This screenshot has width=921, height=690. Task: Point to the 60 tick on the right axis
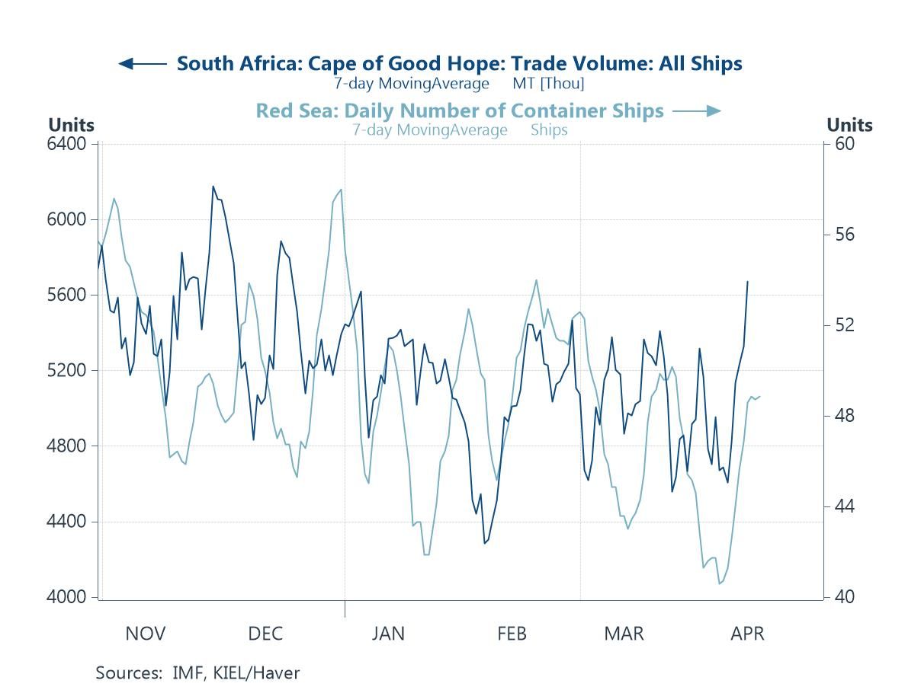click(843, 144)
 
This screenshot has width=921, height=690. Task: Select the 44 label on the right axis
click(843, 506)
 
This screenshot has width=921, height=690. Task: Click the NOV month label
click(145, 634)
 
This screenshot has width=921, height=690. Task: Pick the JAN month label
click(388, 634)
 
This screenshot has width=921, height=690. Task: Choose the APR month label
click(747, 634)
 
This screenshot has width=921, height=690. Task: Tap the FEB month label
click(511, 634)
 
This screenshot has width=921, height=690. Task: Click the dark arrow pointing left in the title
click(142, 64)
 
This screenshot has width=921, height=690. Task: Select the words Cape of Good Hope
click(383, 64)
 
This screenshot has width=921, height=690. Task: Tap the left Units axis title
click(71, 125)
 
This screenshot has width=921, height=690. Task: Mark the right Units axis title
click(849, 125)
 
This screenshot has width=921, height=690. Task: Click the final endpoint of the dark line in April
click(747, 282)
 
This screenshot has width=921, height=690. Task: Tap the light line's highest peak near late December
click(341, 190)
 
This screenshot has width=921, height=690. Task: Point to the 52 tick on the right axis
click(843, 325)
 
